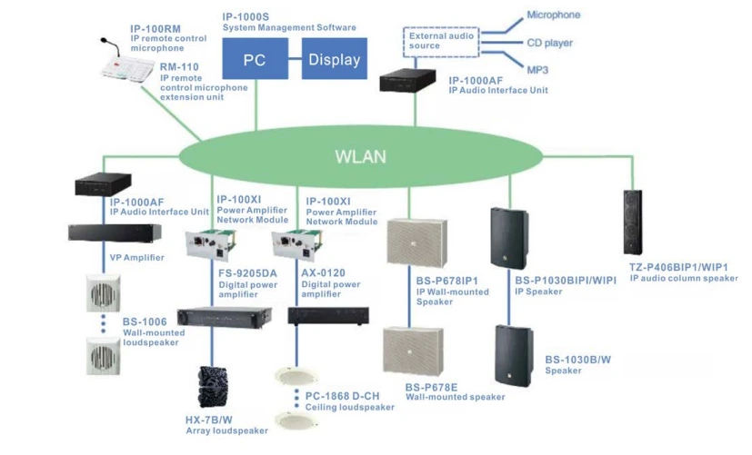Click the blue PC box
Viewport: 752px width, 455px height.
click(255, 61)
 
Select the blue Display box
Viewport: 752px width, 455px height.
click(334, 61)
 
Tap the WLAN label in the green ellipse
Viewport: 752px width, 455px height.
click(361, 156)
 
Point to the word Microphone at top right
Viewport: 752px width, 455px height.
click(553, 15)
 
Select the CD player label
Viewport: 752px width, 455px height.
click(550, 43)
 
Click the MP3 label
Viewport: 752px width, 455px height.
click(538, 69)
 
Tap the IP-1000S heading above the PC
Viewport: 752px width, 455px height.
click(246, 16)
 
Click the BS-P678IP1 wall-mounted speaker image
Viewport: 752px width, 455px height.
click(414, 247)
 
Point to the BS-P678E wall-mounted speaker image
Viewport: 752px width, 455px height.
click(412, 354)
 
